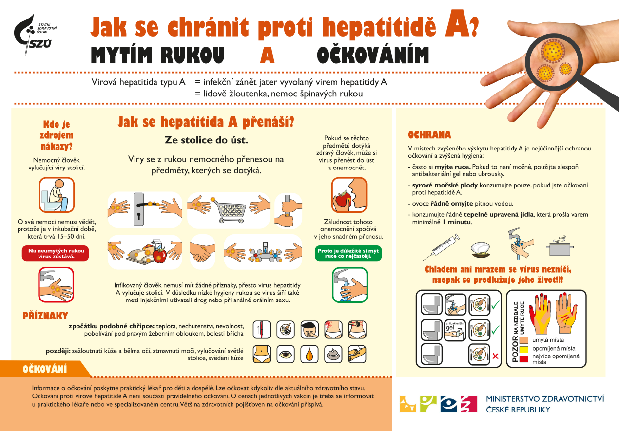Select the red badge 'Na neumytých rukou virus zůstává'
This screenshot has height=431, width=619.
click(56, 253)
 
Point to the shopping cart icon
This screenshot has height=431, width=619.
click(229, 210)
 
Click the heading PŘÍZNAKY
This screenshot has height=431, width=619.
click(45, 316)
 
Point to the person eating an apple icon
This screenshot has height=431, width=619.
click(349, 195)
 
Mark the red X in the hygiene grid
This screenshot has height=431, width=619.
click(496, 356)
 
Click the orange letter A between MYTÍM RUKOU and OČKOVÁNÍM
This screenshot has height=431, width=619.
click(268, 56)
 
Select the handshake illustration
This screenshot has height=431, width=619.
click(202, 251)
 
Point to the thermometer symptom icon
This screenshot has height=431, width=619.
click(261, 330)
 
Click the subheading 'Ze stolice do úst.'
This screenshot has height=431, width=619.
click(206, 140)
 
